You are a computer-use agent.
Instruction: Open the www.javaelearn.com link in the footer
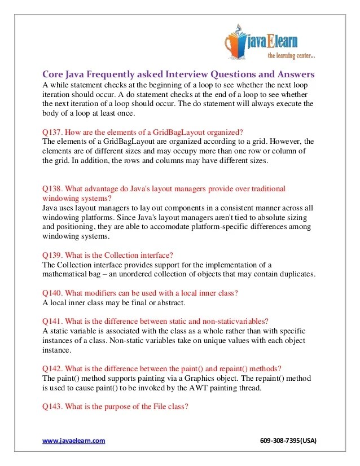pyautogui.click(x=74, y=441)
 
